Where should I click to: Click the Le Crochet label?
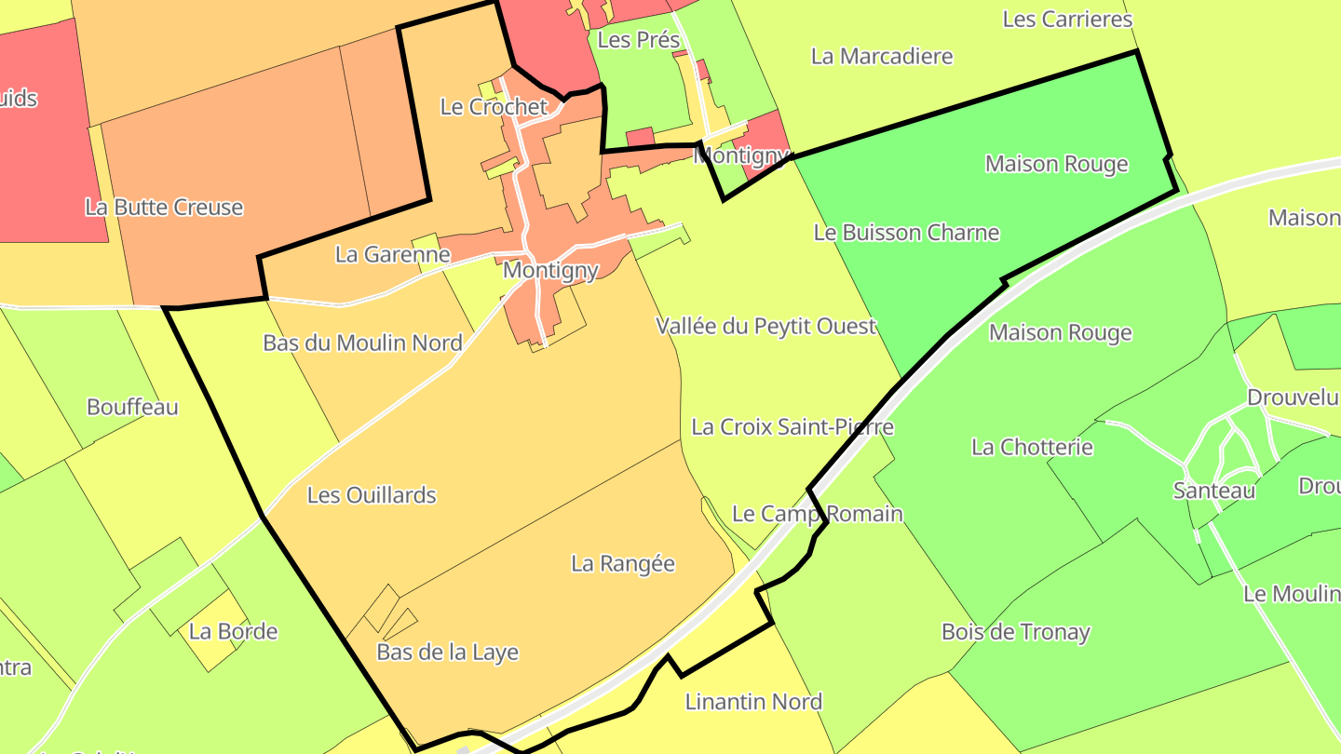point(494,107)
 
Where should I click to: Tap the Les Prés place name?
point(639,40)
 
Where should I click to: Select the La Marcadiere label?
point(882,56)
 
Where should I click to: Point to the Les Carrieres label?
point(1067,19)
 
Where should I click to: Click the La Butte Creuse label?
point(164,207)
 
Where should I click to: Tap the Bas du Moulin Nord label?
point(362,343)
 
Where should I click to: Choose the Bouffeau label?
point(132,407)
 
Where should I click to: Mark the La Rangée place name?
point(623,563)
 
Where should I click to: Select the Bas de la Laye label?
point(447,653)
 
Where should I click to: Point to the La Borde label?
point(233,631)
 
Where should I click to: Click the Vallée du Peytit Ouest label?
point(766,327)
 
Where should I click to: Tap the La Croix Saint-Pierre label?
point(792,427)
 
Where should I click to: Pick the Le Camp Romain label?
point(818,514)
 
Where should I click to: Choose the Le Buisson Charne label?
point(906,233)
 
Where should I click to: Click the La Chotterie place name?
point(1032,447)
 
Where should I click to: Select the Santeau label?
point(1214,490)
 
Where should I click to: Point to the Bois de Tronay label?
point(1015,632)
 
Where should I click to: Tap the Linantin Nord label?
point(753,702)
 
